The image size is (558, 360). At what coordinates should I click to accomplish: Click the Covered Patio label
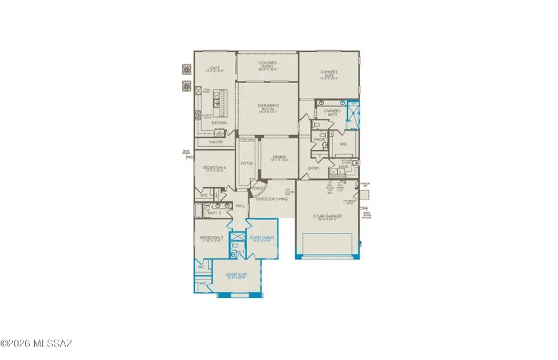(x=267, y=64)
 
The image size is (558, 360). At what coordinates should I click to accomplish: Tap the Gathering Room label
(x=267, y=108)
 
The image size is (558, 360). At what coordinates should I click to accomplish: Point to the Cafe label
(x=215, y=69)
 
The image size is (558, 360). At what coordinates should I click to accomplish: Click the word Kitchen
(x=219, y=123)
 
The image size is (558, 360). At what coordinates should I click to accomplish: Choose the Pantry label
(x=216, y=142)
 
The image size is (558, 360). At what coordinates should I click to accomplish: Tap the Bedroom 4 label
(x=211, y=167)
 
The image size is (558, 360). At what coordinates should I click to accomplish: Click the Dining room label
(x=280, y=158)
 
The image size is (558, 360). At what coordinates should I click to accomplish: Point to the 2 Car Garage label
(x=327, y=217)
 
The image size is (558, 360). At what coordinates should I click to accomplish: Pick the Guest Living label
(x=261, y=239)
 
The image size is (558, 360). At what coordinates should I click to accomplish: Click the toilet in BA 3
(x=236, y=253)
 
